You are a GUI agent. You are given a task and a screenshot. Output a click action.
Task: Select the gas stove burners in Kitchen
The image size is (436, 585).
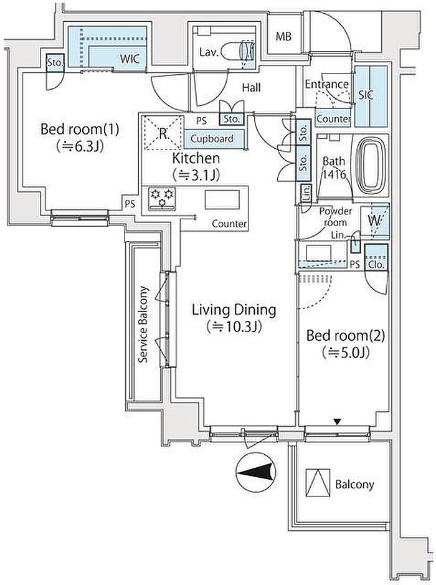(x=161, y=199)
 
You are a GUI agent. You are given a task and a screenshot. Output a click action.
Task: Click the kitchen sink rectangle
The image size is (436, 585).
(x=220, y=199)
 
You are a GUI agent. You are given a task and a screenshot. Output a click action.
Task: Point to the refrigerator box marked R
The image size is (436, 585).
(x=162, y=133)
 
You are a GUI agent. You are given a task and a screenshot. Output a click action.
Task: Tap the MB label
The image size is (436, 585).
(x=283, y=37)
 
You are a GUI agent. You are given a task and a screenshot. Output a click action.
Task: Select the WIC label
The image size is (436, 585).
(x=130, y=59)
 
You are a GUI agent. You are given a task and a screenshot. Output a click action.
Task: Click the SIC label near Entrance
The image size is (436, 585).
(x=366, y=95)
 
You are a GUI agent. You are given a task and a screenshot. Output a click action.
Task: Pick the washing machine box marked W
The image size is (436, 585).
(x=375, y=220)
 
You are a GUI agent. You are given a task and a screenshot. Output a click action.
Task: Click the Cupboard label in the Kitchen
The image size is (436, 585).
(x=212, y=139)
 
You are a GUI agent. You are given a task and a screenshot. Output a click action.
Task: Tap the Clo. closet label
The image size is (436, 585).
(x=376, y=264)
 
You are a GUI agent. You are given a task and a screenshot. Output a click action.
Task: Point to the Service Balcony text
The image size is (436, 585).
(x=143, y=325)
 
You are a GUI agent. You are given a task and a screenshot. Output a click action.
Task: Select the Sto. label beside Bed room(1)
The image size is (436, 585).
(x=55, y=62)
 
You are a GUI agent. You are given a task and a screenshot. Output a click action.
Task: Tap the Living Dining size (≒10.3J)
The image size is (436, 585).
(x=235, y=326)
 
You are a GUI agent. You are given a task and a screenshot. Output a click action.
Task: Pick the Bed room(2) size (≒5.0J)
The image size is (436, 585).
(x=346, y=353)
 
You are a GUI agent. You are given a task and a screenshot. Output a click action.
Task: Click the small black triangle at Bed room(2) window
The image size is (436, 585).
(x=338, y=422)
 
